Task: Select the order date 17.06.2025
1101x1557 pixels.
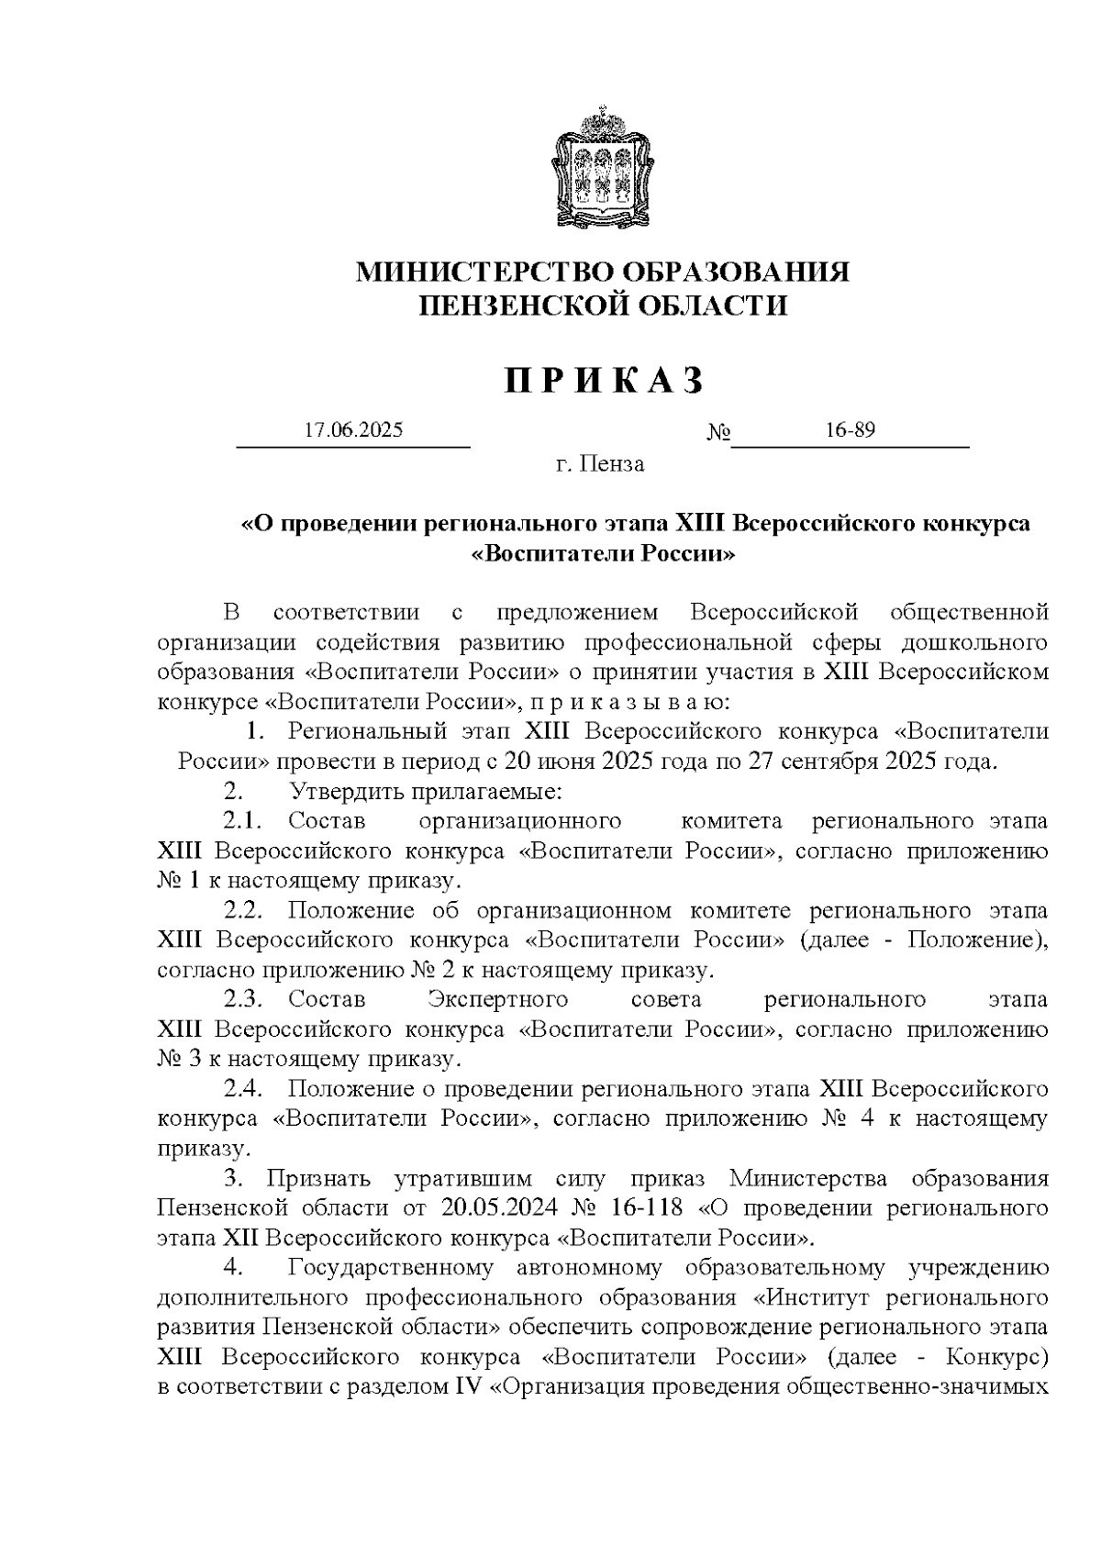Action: tap(353, 429)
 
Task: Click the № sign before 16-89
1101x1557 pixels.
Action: tap(717, 431)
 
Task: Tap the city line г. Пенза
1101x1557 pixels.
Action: tap(600, 464)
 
